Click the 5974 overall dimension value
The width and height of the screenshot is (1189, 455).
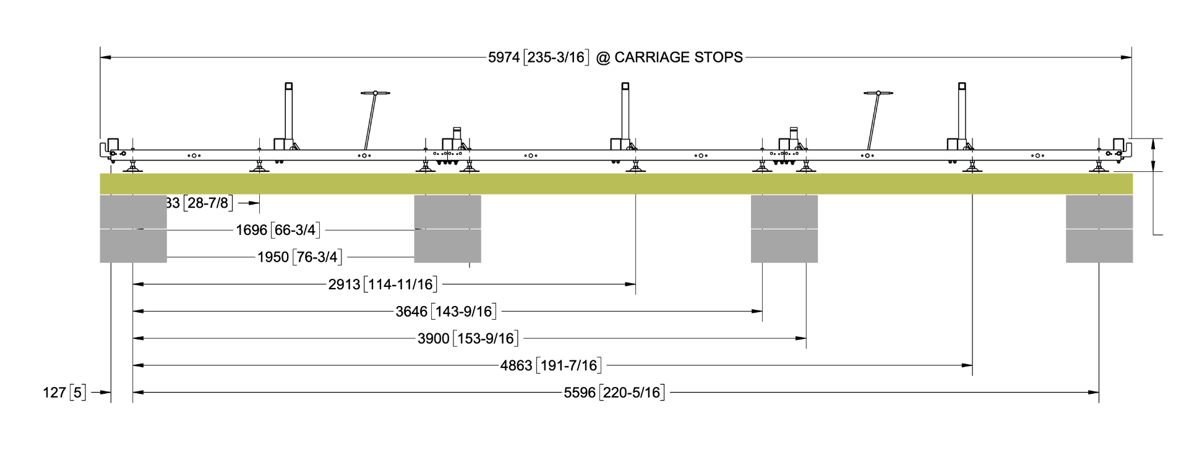point(504,57)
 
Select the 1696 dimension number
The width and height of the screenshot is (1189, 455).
point(251,231)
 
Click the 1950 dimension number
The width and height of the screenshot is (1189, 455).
point(273,257)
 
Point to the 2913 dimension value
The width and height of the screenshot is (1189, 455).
point(344,284)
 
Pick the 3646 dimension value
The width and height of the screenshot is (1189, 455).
point(411,312)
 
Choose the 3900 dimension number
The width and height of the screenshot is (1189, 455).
point(433,339)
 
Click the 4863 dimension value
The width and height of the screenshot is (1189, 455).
point(516,366)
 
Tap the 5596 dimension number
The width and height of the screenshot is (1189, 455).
point(580,393)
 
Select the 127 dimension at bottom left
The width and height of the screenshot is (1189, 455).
point(54,393)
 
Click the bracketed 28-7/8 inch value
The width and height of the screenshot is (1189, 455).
point(208,203)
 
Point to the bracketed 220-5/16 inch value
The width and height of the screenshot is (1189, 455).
point(632,393)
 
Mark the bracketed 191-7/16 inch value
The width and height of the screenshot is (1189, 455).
point(569,366)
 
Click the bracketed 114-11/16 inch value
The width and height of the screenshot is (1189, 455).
point(401,284)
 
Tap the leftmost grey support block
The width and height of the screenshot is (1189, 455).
point(133,229)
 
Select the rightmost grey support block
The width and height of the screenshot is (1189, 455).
point(1099,229)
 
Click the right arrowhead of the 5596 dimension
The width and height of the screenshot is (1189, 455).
point(1094,393)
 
